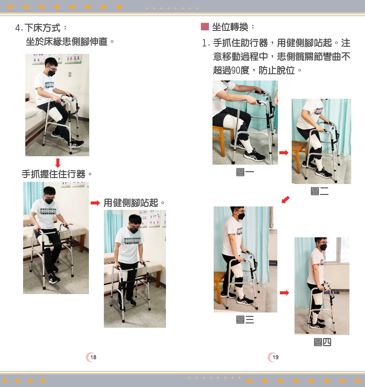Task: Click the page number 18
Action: point(93,357)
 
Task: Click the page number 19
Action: point(275,357)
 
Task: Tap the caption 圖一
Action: point(245,172)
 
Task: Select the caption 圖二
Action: point(319,191)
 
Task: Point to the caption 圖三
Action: point(245,320)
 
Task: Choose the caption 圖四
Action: point(322,342)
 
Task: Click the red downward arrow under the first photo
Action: point(58,163)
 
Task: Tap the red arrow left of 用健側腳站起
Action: point(95,203)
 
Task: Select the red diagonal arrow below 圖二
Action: point(286,200)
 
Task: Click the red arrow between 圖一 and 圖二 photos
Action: point(284,152)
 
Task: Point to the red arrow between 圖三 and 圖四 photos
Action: point(284,293)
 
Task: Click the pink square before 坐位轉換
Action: point(205,27)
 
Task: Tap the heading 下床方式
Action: point(42,28)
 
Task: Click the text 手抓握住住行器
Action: point(53,174)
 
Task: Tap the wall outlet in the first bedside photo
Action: point(70,75)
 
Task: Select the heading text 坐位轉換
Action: point(230,27)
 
